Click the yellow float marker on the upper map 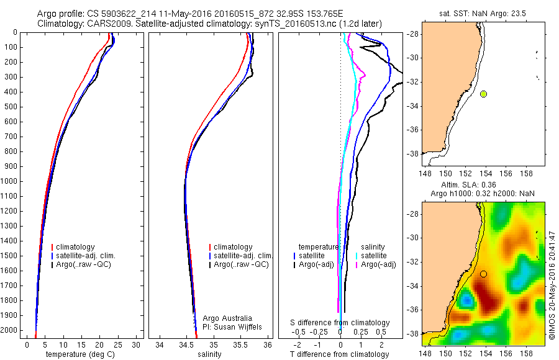click(x=483, y=94)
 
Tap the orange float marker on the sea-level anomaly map click(x=483, y=274)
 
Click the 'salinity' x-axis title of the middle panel click(x=210, y=354)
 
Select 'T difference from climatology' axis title click(x=340, y=354)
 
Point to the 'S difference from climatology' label click(x=340, y=323)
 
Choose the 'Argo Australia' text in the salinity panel click(x=227, y=318)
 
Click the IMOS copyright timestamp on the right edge click(x=552, y=285)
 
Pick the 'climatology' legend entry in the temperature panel click(x=78, y=247)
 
